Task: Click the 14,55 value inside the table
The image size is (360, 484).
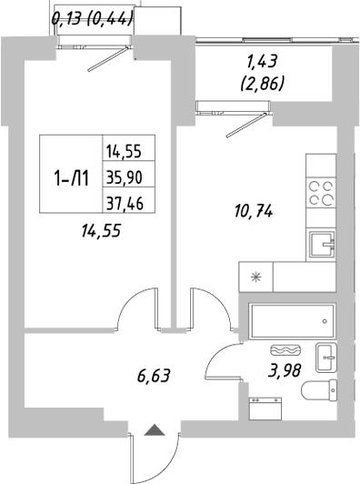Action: coord(129,153)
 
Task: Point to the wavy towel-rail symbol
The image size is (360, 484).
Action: coord(285,349)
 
